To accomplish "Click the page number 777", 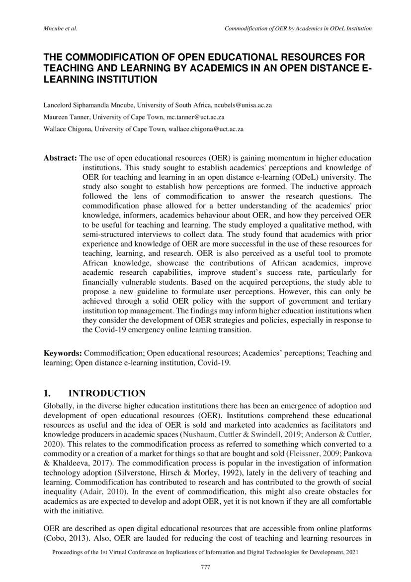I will pos(205,567).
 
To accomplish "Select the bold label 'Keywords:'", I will pos(63,353).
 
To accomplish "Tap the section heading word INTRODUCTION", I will pos(106,393).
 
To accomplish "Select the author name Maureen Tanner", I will pos(64,117).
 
